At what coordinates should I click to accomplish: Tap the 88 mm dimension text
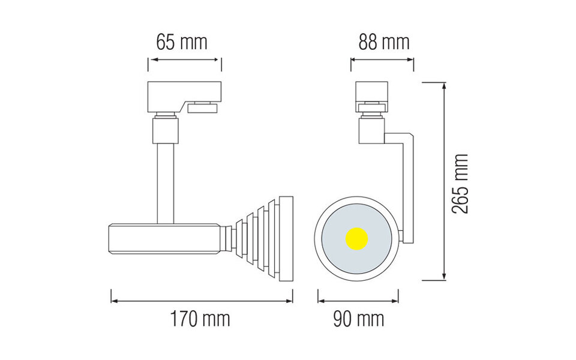coord(384,43)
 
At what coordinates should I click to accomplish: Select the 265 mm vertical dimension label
coord(460,183)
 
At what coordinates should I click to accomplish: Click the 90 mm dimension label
coord(358,319)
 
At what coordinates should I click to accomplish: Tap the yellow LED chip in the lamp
coord(356,238)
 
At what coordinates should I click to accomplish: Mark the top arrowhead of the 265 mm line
coord(444,86)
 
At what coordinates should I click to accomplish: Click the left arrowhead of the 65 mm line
coord(151,60)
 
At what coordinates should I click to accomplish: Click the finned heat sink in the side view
coord(264,238)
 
